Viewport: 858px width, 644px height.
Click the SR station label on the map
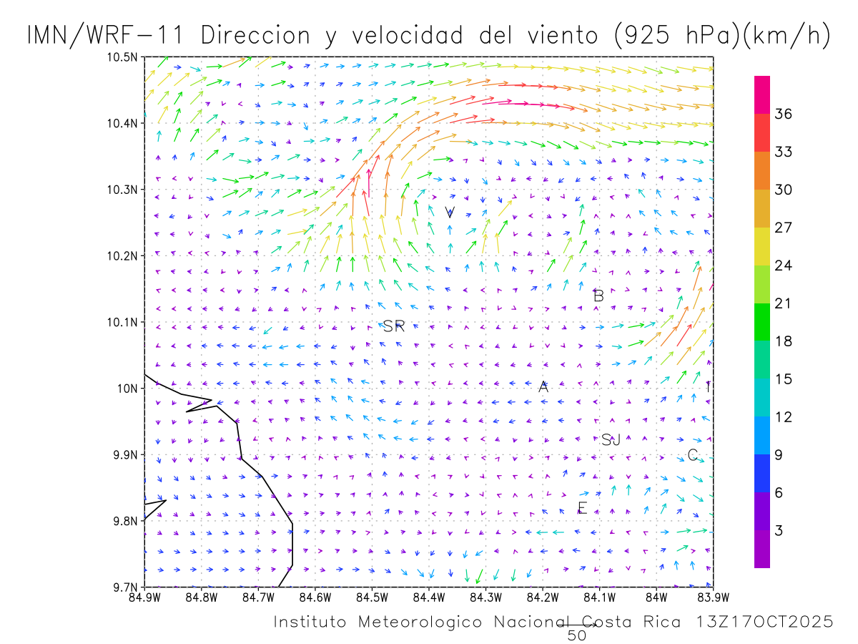pos(394,326)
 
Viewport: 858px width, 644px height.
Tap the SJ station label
pos(611,439)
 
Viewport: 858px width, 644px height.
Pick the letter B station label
pos(599,296)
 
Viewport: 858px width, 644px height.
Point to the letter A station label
pos(543,387)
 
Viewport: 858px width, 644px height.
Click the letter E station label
pos(582,508)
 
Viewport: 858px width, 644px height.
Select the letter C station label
pos(692,455)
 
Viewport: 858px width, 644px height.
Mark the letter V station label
pos(450,213)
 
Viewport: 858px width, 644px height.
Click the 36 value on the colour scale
pos(784,114)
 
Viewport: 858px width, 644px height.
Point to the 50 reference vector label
pos(577,635)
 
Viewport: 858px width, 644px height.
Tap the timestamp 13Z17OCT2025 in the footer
pos(764,622)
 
